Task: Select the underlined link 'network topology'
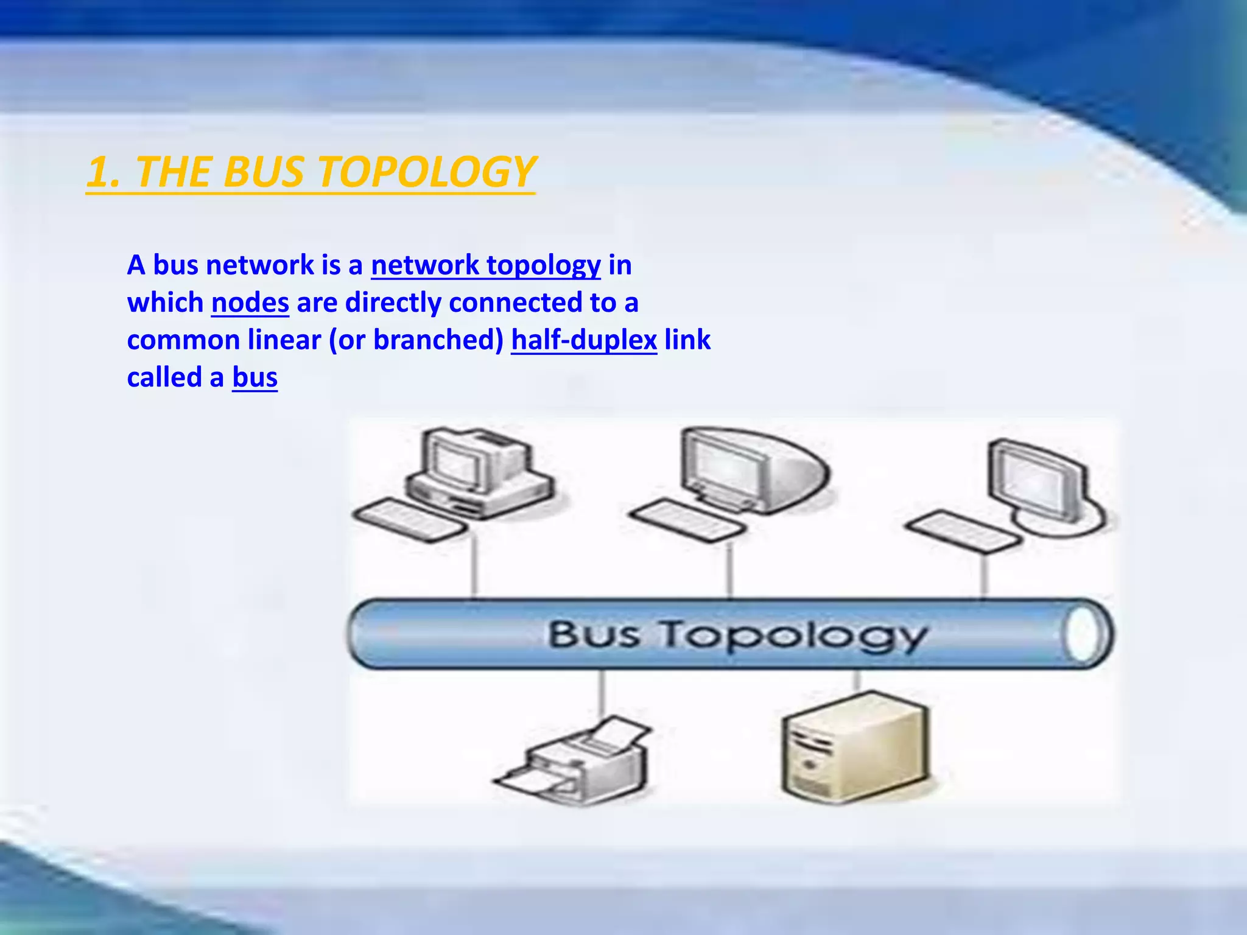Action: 485,265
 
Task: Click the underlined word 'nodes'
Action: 250,303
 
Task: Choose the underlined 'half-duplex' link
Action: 583,340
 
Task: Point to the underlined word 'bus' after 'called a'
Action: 255,378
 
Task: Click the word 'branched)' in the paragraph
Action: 438,340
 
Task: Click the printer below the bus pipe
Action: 575,761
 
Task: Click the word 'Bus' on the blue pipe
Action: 594,634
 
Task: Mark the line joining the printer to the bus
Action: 602,694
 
